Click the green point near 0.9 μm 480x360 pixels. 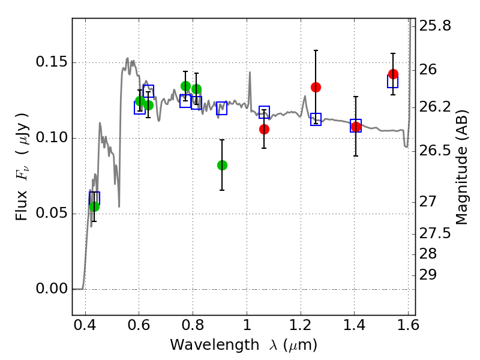click(x=222, y=166)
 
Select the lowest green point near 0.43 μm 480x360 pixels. click(x=95, y=206)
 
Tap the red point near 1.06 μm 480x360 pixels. click(x=264, y=129)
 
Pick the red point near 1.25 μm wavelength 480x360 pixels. click(x=316, y=87)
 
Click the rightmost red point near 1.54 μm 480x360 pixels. click(x=393, y=74)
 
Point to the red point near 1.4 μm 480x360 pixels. click(x=356, y=127)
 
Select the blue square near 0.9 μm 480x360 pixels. click(x=221, y=108)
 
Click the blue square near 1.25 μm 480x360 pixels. click(x=316, y=119)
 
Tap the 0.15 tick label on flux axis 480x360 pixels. click(x=51, y=62)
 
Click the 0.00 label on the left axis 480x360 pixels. click(x=51, y=289)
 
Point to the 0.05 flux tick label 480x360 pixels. click(x=51, y=213)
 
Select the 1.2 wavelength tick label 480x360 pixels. click(x=301, y=325)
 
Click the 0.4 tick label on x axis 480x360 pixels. click(x=85, y=325)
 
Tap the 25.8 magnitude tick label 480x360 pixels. click(x=435, y=26)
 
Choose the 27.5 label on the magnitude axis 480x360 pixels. click(x=435, y=233)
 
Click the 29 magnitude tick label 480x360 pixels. click(x=428, y=275)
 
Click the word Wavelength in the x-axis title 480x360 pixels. click(x=215, y=345)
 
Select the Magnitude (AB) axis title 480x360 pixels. click(x=461, y=167)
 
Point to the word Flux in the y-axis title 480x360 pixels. click(x=22, y=205)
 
